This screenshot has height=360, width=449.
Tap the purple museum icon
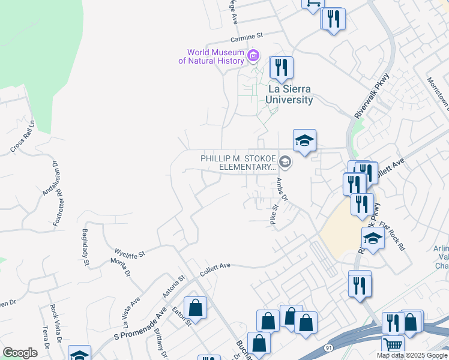tap(254, 56)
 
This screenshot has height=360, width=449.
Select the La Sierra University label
tap(291, 95)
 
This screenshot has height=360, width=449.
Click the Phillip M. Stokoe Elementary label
tap(239, 162)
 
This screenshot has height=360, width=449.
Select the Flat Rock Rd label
tap(392, 236)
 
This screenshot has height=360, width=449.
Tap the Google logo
tap(20, 353)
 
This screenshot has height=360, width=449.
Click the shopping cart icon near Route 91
tap(393, 346)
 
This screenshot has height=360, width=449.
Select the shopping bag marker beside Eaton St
tap(196, 308)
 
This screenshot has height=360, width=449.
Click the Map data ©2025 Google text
tap(412, 355)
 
